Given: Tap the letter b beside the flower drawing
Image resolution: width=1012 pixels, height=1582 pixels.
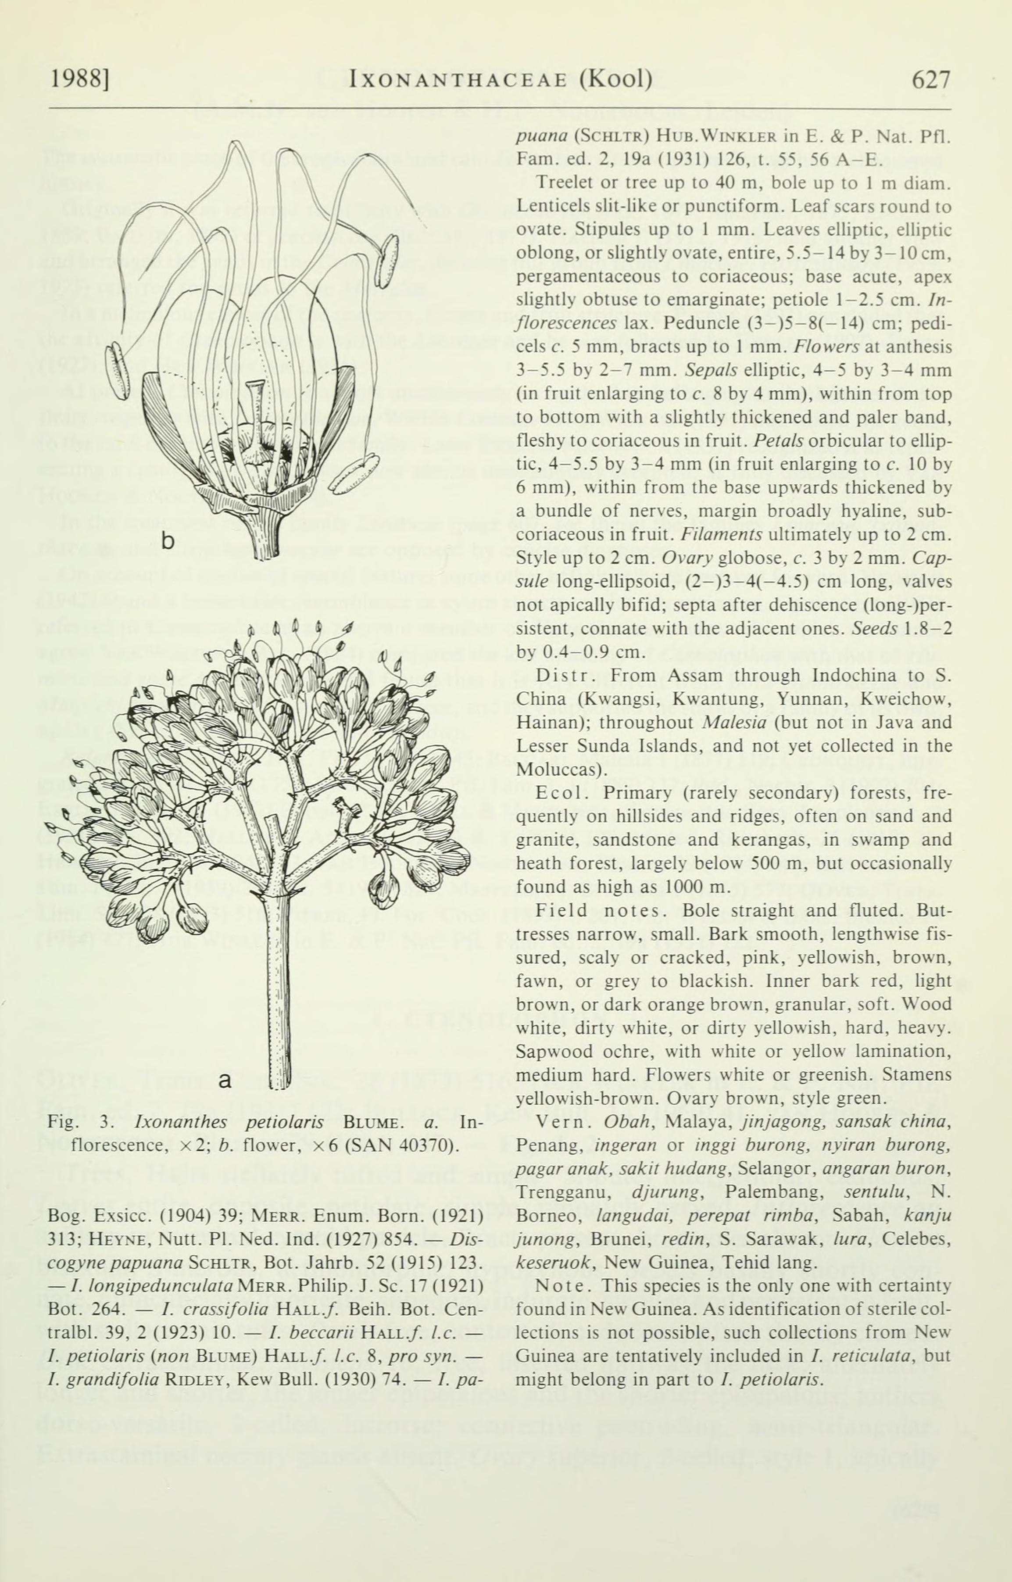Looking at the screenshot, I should point(169,541).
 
